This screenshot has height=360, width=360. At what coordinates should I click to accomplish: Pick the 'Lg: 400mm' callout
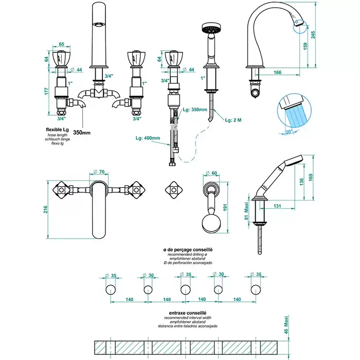(148, 138)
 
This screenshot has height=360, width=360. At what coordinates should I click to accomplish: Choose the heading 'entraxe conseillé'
(187, 313)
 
